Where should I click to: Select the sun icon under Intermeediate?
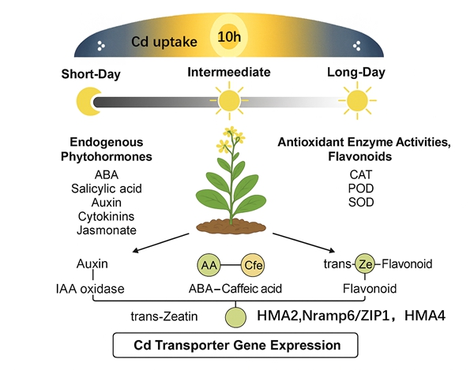click(x=229, y=100)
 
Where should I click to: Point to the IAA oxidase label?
click(x=95, y=288)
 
